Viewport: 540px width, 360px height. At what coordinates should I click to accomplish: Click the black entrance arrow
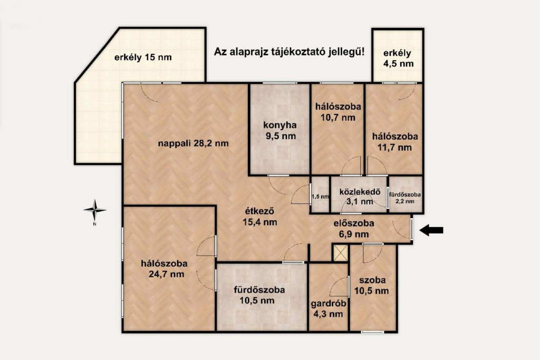click(x=431, y=230)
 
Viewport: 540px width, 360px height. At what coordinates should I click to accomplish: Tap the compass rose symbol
click(x=95, y=210)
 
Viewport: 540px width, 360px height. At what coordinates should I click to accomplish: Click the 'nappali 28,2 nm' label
click(x=193, y=143)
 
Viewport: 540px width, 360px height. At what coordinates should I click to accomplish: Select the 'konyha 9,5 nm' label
click(x=281, y=130)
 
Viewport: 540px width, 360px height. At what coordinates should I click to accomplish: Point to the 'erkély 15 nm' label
click(x=143, y=57)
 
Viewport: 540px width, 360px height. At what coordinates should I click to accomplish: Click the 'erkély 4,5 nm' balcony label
click(x=398, y=58)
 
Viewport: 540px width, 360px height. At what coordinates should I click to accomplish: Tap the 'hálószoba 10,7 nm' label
click(x=338, y=112)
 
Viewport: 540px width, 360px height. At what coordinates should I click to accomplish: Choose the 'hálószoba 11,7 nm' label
click(x=394, y=142)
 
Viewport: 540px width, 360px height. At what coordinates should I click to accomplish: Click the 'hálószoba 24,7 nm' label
click(x=165, y=269)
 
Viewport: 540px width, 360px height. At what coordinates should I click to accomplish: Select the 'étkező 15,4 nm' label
click(x=259, y=217)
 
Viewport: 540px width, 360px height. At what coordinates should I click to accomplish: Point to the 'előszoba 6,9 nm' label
click(x=354, y=229)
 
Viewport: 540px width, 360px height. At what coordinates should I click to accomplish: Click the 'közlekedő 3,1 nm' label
click(x=360, y=197)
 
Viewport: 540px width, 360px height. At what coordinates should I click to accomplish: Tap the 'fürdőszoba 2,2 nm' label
click(x=404, y=198)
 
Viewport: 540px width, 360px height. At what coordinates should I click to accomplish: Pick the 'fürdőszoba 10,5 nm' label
click(x=259, y=295)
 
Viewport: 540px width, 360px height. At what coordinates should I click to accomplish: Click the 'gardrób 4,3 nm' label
click(x=328, y=309)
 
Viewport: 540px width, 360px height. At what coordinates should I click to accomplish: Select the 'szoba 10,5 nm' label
click(x=372, y=285)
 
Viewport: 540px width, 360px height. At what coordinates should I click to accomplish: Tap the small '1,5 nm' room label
click(x=320, y=197)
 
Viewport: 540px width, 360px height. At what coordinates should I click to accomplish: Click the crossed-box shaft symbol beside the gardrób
click(x=341, y=253)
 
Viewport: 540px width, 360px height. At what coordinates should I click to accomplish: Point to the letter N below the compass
click(x=95, y=224)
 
